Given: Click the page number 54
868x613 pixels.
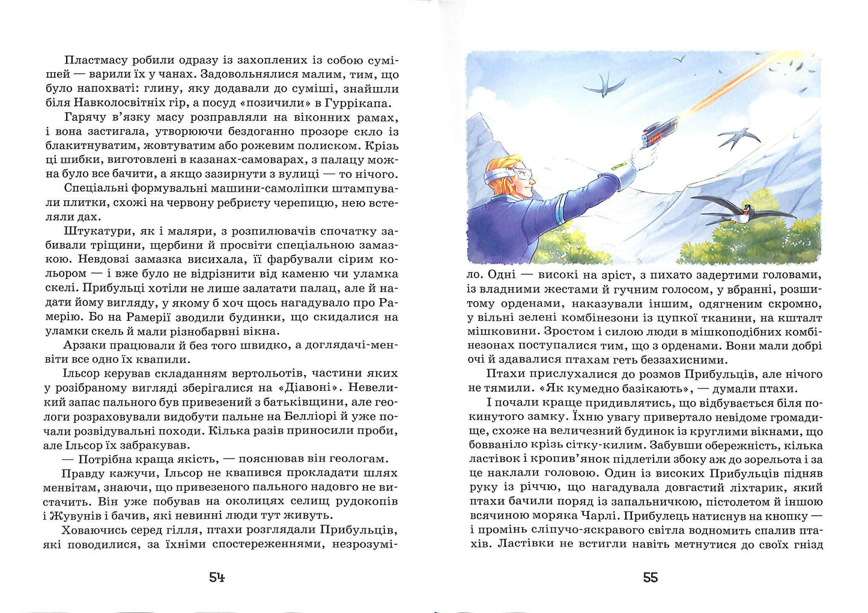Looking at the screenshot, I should (x=217, y=578).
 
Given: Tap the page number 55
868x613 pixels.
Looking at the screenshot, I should (x=651, y=578).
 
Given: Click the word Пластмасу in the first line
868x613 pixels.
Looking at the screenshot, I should (x=93, y=60).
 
